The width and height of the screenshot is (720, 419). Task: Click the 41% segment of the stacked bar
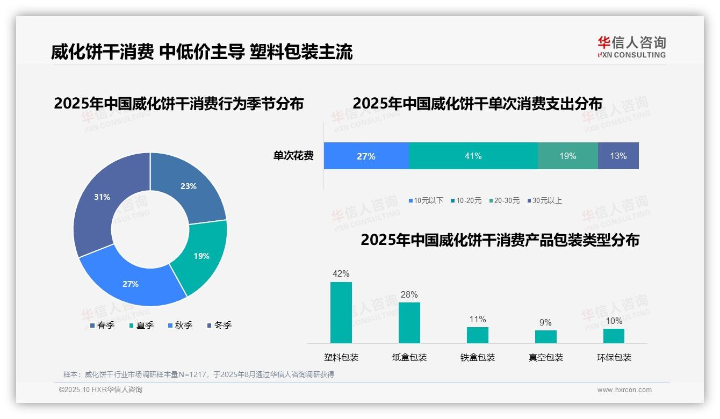tap(473, 156)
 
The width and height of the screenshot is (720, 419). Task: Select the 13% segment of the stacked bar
tap(618, 156)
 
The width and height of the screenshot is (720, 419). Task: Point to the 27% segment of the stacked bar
tap(366, 156)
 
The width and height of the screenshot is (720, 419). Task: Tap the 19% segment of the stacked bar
tap(567, 156)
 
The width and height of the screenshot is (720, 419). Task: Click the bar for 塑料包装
tap(341, 313)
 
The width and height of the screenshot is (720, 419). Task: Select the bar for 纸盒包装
tap(409, 323)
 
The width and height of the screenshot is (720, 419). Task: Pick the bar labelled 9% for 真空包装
tap(545, 337)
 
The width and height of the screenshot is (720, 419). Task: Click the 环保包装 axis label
tap(614, 357)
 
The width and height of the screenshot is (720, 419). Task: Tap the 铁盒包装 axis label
tap(477, 357)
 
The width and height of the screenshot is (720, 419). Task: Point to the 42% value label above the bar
tap(341, 274)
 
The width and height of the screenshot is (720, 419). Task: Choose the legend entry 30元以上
tap(546, 200)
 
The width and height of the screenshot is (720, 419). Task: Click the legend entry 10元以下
tap(428, 200)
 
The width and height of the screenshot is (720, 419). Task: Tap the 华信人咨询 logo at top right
tap(631, 47)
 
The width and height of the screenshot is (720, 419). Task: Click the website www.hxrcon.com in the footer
tap(624, 390)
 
